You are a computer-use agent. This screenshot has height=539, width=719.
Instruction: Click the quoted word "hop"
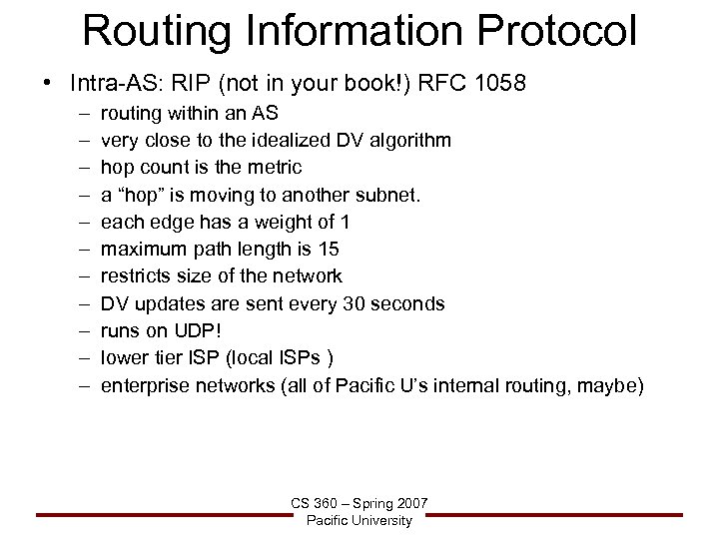142,194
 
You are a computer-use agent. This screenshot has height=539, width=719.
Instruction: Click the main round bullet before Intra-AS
49,82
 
